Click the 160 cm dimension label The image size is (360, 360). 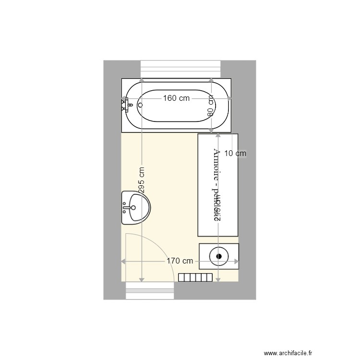click(176, 98)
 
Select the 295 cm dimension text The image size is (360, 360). click(142, 180)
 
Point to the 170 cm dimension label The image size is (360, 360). click(180, 261)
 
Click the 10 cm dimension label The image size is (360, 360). click(235, 154)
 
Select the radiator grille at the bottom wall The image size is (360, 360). click(195, 277)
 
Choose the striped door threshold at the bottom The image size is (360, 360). click(150, 290)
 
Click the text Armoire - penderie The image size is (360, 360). click(216, 185)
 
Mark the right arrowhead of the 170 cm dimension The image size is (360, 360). click(237, 261)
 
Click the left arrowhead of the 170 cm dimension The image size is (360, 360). click(123, 261)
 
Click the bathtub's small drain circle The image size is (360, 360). click(141, 104)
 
